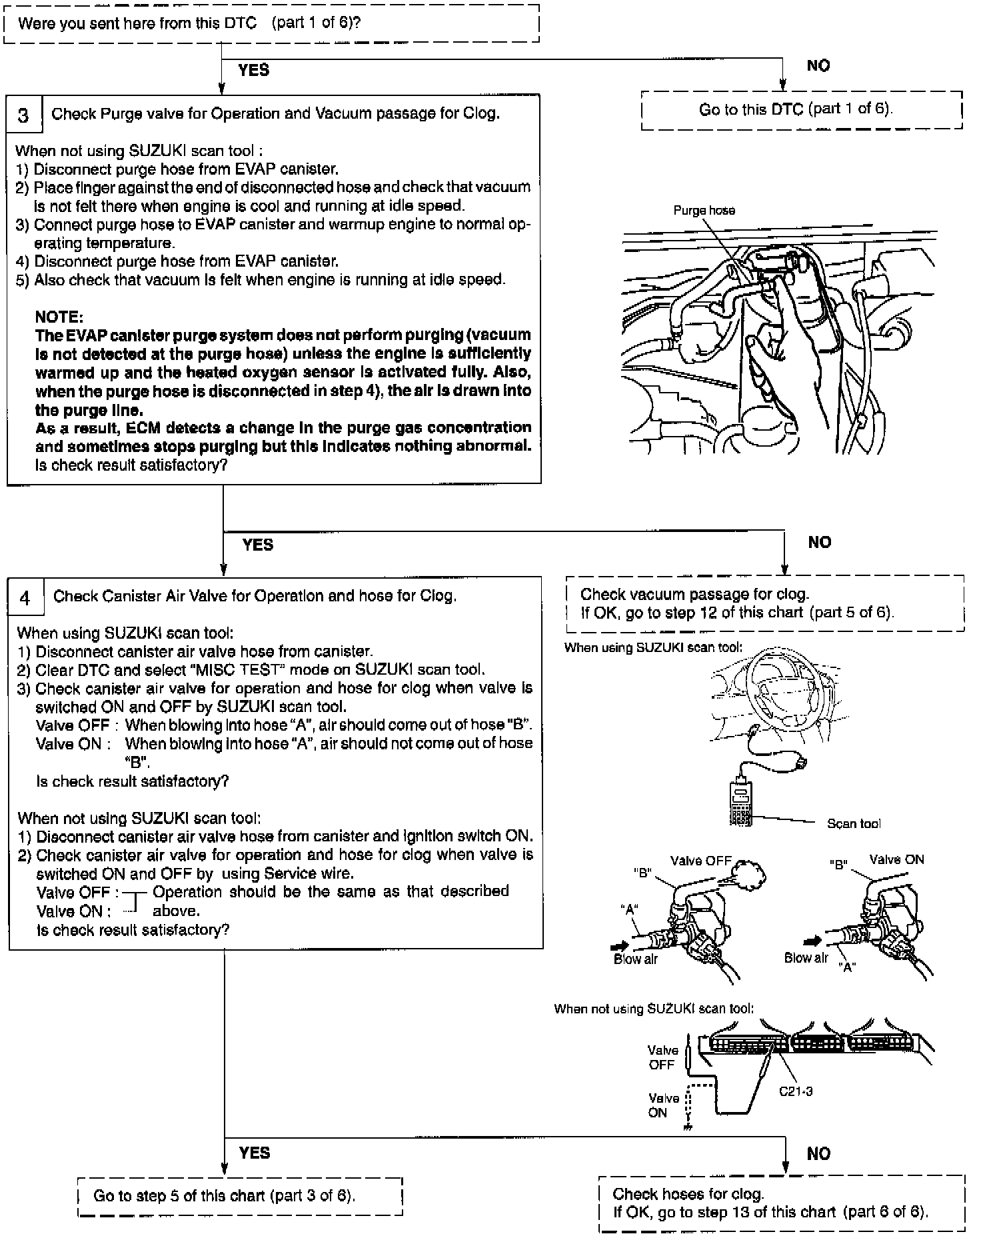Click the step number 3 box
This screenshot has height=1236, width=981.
click(x=24, y=115)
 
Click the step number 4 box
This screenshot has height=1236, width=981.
click(x=25, y=597)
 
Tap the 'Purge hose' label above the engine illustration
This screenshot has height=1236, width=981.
click(x=704, y=211)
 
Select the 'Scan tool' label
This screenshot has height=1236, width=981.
click(x=853, y=824)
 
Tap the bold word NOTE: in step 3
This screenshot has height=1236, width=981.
click(x=59, y=317)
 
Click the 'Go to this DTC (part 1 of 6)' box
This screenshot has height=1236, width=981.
click(x=801, y=110)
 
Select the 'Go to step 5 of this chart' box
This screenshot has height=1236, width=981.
click(x=240, y=1196)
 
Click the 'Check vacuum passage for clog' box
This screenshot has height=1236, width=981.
click(x=764, y=603)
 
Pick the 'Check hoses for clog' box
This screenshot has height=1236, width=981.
click(x=782, y=1203)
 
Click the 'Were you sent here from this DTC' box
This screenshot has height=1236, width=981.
click(x=271, y=24)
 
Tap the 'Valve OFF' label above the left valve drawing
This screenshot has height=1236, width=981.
click(x=700, y=861)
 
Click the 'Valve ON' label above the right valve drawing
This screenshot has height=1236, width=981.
click(x=896, y=859)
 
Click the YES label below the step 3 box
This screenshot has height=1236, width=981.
click(x=258, y=545)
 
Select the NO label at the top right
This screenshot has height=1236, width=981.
click(x=818, y=65)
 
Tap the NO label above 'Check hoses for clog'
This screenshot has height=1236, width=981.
click(x=818, y=1154)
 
